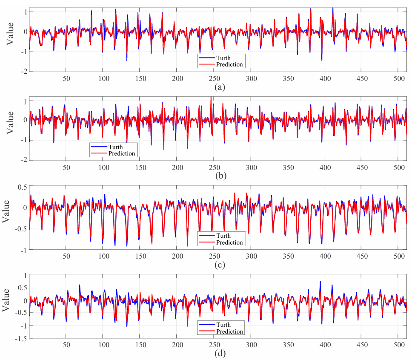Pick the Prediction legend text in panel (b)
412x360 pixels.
(x=122, y=153)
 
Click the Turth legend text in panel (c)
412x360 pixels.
(x=223, y=236)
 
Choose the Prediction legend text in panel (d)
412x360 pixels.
(x=229, y=331)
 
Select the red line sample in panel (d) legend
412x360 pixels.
(x=207, y=331)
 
